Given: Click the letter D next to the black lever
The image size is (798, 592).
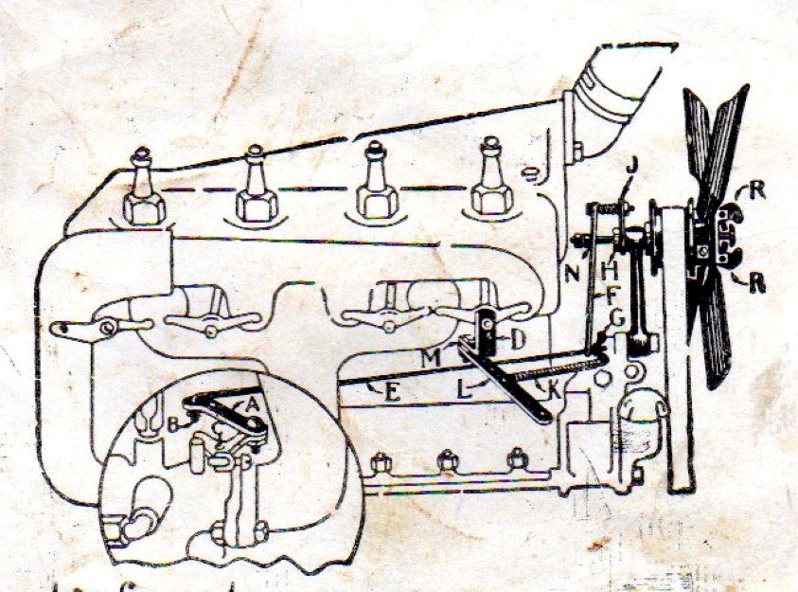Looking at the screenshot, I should pos(517,337).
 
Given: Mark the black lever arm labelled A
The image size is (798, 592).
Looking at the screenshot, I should pos(227,413).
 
